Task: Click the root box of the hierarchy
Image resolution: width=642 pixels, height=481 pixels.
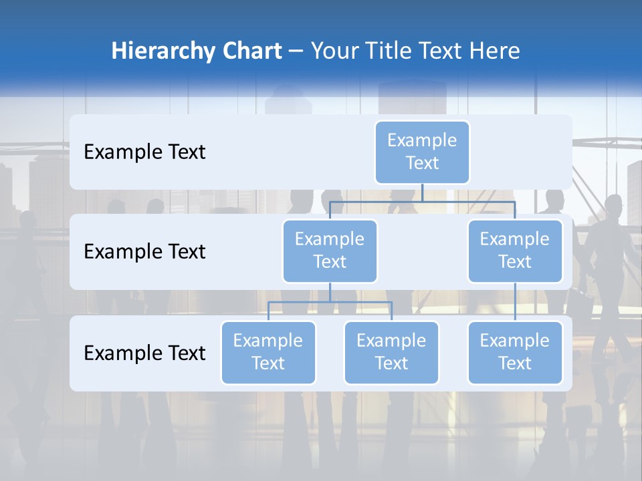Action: pyautogui.click(x=422, y=152)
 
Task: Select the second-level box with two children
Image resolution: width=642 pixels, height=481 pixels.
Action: pyautogui.click(x=330, y=251)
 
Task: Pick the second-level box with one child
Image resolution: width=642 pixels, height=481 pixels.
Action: pyautogui.click(x=515, y=251)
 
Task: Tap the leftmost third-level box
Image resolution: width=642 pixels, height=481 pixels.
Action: pyautogui.click(x=268, y=352)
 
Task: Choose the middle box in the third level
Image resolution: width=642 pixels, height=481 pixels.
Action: pyautogui.click(x=391, y=352)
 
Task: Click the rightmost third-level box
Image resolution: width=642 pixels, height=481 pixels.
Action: pyautogui.click(x=515, y=352)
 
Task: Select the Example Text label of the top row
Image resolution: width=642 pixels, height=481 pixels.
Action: pyautogui.click(x=144, y=152)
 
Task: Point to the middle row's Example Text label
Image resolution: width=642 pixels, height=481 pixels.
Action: pyautogui.click(x=144, y=252)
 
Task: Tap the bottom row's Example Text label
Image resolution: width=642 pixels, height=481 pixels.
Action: pyautogui.click(x=144, y=353)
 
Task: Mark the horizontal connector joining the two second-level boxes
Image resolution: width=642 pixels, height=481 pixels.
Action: pyautogui.click(x=422, y=201)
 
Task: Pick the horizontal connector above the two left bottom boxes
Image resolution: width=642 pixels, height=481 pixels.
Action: pyautogui.click(x=330, y=302)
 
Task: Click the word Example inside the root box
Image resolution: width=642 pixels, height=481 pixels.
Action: pyautogui.click(x=422, y=140)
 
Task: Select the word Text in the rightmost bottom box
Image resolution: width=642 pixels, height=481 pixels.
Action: pyautogui.click(x=515, y=363)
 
